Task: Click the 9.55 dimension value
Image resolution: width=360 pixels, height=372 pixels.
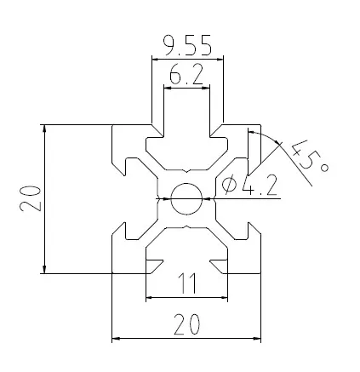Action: click(186, 43)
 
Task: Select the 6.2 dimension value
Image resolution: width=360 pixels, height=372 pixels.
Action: click(186, 77)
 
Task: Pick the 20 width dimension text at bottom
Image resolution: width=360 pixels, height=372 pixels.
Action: click(186, 323)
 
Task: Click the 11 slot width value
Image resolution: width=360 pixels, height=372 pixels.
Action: click(187, 283)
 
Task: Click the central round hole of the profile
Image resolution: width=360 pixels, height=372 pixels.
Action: click(186, 199)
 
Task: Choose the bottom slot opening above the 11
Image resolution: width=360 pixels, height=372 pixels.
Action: click(187, 266)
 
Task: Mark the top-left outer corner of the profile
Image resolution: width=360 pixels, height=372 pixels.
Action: click(113, 125)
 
